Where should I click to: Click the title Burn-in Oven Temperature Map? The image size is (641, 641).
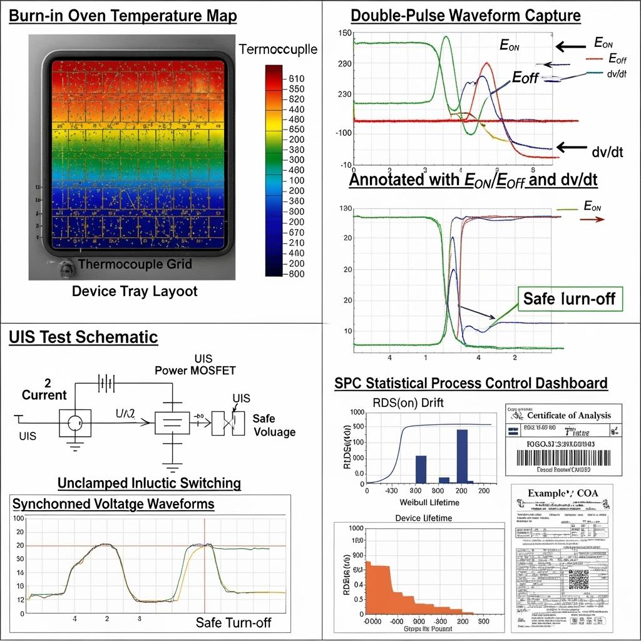pyautogui.click(x=123, y=16)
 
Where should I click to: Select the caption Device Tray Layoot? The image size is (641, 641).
pyautogui.click(x=134, y=291)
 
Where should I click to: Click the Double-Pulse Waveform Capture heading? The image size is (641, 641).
pyautogui.click(x=466, y=16)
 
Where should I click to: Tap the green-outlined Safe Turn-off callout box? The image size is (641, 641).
pyautogui.click(x=569, y=299)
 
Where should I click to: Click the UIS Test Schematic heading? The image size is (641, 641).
pyautogui.click(x=83, y=337)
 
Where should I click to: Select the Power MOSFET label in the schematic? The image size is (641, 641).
pyautogui.click(x=195, y=371)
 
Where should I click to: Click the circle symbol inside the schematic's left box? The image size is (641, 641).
pyautogui.click(x=75, y=423)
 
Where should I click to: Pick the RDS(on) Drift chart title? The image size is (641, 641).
pyautogui.click(x=408, y=403)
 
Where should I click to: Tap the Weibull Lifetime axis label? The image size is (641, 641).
pyautogui.click(x=429, y=503)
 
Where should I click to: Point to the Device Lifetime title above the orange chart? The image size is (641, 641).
pyautogui.click(x=424, y=518)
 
